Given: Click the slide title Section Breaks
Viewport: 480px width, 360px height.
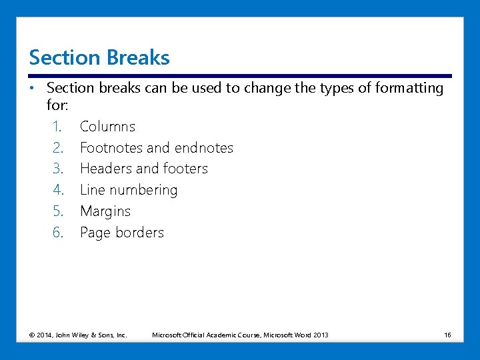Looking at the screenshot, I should coord(99,58).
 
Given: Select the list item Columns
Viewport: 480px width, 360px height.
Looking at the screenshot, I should coord(107,127).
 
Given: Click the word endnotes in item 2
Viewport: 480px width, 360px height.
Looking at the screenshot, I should coord(203,148).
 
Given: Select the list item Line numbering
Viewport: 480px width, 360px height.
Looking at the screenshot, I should coord(129,191).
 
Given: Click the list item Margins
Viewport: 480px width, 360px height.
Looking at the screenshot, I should coord(105,212).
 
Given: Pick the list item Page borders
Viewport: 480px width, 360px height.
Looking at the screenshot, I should coord(121,233).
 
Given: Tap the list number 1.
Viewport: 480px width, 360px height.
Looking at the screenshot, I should coord(57,127).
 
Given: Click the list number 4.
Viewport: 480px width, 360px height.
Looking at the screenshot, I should coord(57,191).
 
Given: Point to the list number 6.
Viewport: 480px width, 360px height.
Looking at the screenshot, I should coord(57,233).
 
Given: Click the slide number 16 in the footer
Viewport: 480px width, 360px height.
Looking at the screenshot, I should coord(447,335).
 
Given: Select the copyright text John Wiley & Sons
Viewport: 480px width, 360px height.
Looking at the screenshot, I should coord(91,335).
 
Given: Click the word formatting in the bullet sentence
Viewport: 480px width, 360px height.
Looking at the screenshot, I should coord(408,88).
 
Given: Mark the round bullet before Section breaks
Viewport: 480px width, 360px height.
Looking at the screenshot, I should coord(32,88).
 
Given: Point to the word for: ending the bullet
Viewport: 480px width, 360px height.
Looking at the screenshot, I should coord(58,105).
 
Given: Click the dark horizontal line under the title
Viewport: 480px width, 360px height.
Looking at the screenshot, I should coord(240,76).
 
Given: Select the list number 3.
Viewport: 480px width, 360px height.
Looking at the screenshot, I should coord(57,169).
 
